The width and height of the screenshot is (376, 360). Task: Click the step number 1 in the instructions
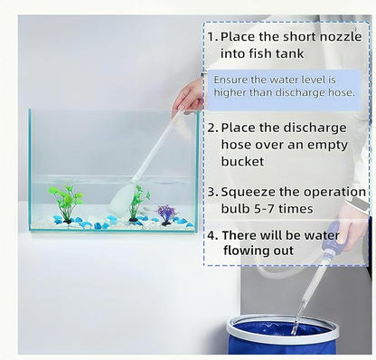pos(211,37)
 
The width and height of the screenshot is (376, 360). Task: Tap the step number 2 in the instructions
pos(211,127)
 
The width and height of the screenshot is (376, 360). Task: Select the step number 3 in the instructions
pos(211,192)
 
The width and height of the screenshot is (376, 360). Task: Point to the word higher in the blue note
pos(233,93)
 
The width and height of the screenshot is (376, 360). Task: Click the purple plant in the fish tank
pos(165,213)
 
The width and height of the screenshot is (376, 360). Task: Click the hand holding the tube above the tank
pos(189,95)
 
